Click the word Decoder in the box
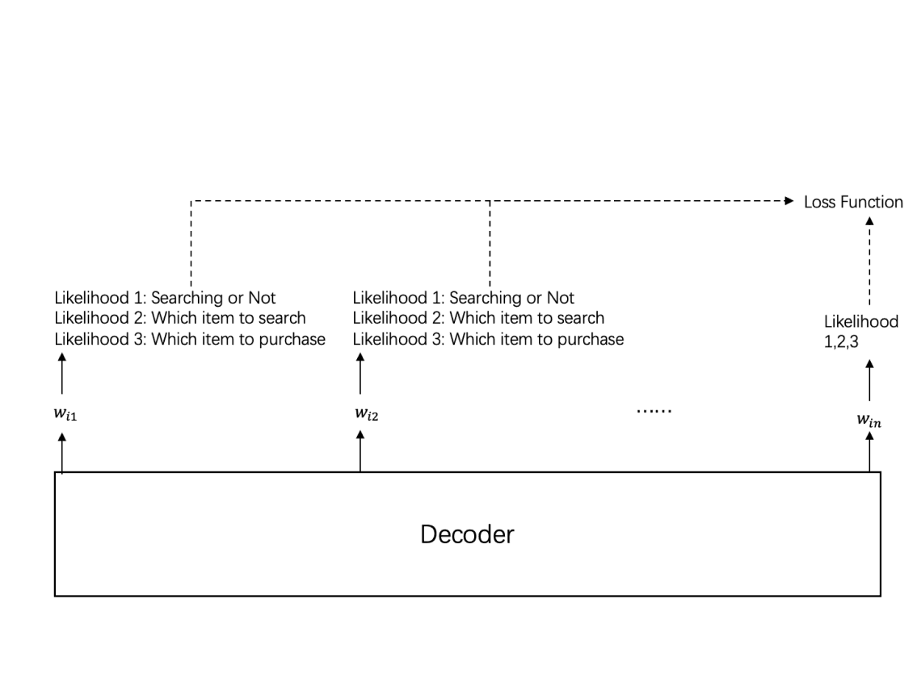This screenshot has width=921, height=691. [467, 534]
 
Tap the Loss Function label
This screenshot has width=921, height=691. [853, 202]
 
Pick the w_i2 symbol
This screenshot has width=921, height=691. [361, 414]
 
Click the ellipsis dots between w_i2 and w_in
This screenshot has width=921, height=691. [654, 410]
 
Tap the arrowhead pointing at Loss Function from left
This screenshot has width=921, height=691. [789, 201]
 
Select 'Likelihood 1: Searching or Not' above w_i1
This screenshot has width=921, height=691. [166, 298]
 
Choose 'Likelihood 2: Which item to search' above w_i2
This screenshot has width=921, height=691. [478, 318]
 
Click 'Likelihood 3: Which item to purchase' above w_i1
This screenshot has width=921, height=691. [190, 339]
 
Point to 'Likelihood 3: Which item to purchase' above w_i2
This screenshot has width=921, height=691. [488, 339]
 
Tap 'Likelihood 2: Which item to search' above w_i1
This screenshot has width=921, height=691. [180, 318]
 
